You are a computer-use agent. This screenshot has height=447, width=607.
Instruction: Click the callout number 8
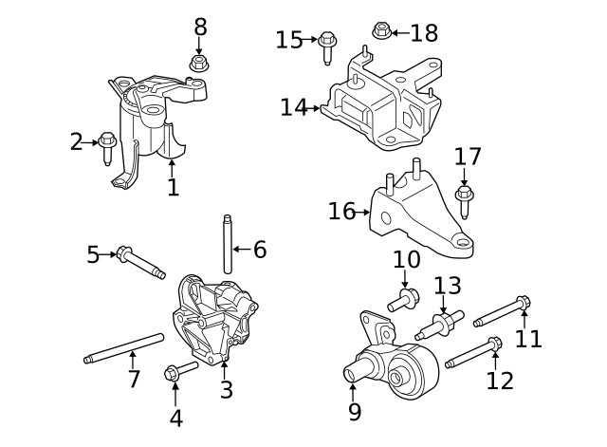(200, 27)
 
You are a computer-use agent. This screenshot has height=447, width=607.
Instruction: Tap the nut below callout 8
(199, 64)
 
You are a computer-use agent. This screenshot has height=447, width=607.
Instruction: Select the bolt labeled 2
(107, 144)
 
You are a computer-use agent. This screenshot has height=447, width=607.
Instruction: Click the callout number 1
(173, 187)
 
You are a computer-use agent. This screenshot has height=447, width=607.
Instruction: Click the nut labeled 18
(380, 31)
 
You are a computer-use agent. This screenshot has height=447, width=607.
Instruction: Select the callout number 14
(293, 107)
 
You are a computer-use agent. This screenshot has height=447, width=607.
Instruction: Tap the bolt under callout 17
(464, 200)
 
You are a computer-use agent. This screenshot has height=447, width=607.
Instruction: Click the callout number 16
(341, 211)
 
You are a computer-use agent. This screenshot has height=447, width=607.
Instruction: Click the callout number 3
(226, 390)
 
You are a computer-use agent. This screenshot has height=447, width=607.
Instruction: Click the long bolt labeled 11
(501, 311)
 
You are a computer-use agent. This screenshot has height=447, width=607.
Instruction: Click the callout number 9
(355, 412)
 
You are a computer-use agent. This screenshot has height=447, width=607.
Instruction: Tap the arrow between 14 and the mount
(316, 108)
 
